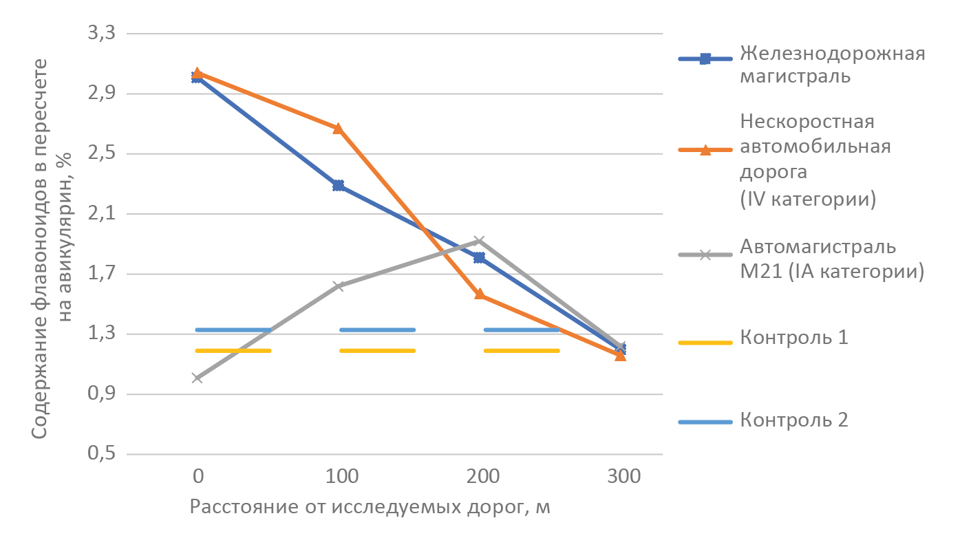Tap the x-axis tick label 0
198,476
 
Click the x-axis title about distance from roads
370,508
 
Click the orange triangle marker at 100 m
338,129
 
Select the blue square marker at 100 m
338,186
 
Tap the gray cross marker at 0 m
198,378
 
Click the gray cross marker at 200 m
479,241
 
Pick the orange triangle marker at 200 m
479,294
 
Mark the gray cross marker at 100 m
338,286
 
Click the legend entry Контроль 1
793,338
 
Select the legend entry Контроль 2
793,420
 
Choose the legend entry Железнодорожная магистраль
831,64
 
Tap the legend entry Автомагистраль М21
831,259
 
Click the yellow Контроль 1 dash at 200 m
522,351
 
